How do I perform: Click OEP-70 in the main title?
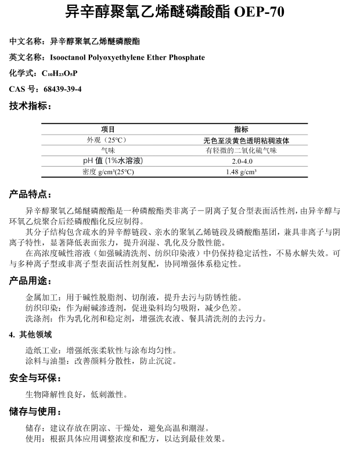coord(260,11)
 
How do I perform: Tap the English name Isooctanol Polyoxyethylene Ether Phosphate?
coord(127,57)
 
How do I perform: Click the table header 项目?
coord(108,129)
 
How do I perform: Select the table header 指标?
coord(241,129)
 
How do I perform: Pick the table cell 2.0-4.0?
coord(241,161)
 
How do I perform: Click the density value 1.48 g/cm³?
coord(241,172)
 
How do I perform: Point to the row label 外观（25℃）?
coord(107,140)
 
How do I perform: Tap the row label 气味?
coord(108,150)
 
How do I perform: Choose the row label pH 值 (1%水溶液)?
coord(108,161)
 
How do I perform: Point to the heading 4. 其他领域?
coord(30,334)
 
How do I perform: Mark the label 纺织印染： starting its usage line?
coord(42,308)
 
